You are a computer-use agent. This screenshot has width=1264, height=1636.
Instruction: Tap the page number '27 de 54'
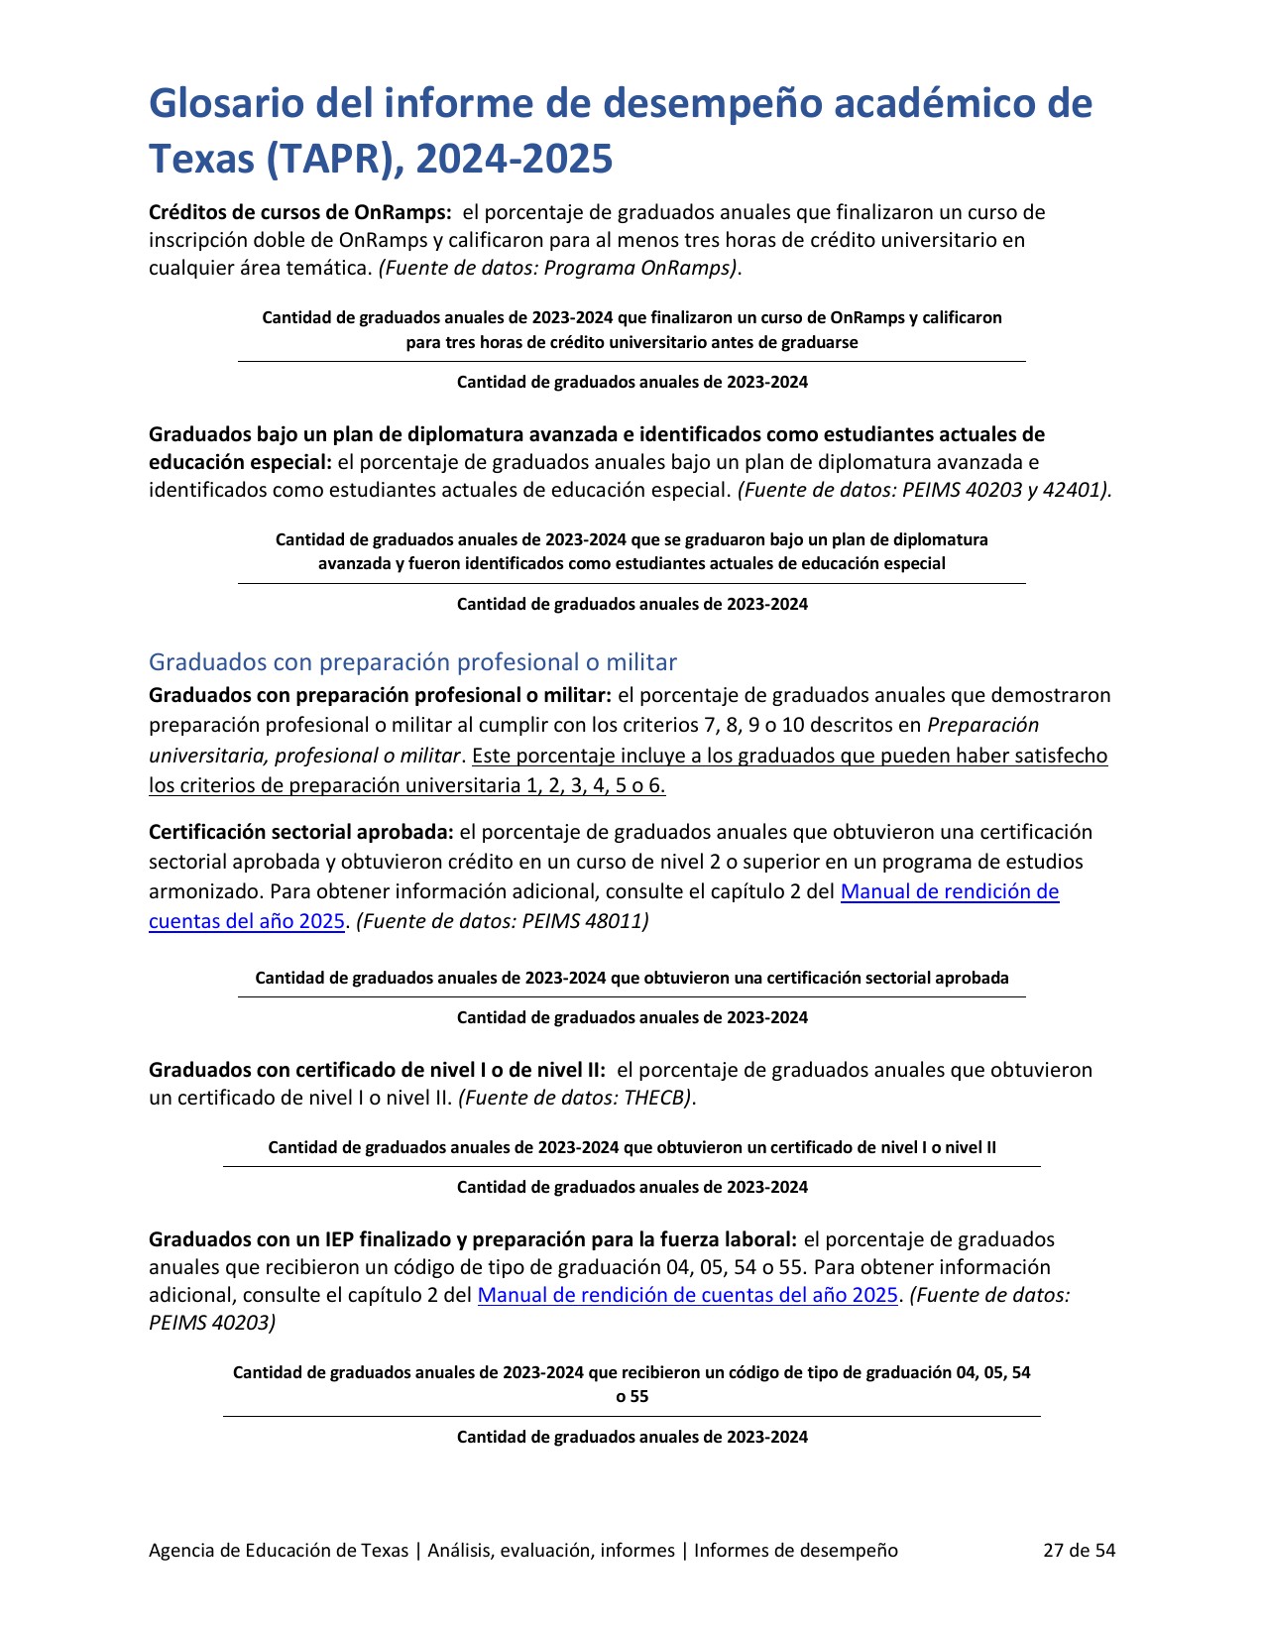coord(1079,1550)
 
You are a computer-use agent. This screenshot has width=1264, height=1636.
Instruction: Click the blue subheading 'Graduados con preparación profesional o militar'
coord(412,662)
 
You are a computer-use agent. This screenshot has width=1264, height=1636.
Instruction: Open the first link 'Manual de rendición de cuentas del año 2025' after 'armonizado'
coord(949,891)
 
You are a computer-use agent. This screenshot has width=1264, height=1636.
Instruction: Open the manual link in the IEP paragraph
coord(687,1295)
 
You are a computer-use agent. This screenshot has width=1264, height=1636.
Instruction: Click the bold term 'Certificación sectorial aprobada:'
coord(301,832)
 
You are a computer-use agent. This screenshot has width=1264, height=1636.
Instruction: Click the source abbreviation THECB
coord(656,1098)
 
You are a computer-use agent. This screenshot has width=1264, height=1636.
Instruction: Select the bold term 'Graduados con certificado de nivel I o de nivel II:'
coord(377,1070)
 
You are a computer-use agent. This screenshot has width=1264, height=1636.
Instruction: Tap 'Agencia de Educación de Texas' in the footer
coord(278,1550)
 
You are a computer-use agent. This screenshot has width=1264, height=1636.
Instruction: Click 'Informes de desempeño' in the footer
coord(796,1550)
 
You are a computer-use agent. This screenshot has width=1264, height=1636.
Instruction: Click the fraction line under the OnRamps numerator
coord(632,362)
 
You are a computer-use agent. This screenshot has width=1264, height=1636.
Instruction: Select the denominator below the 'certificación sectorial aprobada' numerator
coord(632,1017)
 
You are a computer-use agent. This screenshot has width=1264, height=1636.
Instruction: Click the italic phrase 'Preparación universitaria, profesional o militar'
coord(593,741)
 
